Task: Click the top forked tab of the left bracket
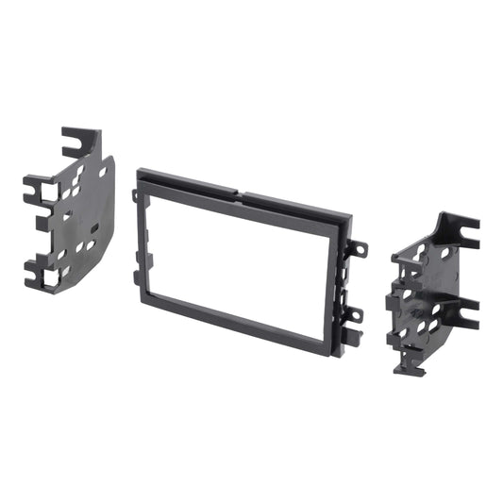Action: pyautogui.click(x=75, y=142)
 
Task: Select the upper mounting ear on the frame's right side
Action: pyautogui.click(x=360, y=250)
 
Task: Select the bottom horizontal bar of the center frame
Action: pyautogui.click(x=243, y=321)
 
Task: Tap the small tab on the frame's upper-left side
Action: pyautogui.click(x=135, y=195)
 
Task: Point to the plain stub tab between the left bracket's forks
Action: pyautogui.click(x=42, y=226)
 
